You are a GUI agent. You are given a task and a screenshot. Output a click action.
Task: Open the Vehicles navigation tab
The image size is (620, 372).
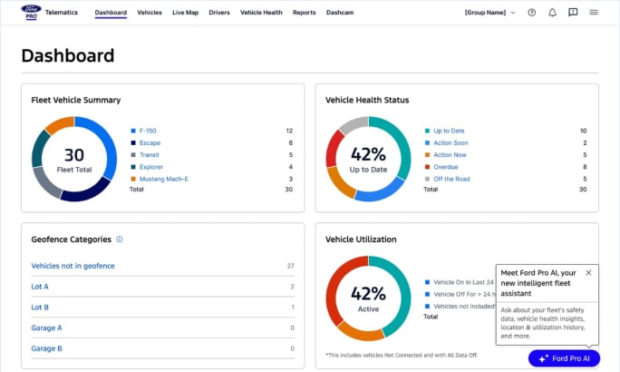point(150,13)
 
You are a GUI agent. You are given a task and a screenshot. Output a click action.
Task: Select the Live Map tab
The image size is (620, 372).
point(185,13)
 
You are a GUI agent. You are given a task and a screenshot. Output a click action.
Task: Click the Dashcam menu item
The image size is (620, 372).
point(340,13)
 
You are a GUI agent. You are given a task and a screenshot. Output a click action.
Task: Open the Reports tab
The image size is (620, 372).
point(305,13)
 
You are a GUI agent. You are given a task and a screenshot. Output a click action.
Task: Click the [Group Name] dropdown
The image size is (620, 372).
point(489,13)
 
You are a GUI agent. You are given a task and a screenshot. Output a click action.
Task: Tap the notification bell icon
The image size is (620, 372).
point(552,13)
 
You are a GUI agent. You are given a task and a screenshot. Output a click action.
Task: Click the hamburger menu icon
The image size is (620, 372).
point(594,13)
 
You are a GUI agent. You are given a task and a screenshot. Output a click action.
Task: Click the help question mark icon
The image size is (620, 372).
point(531,13)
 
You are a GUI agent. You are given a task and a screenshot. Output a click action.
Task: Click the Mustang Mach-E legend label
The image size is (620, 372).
point(164,178)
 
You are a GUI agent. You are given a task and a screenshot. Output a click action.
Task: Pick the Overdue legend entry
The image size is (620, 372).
point(446,166)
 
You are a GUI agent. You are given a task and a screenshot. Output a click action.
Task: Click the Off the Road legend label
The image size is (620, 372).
point(451,178)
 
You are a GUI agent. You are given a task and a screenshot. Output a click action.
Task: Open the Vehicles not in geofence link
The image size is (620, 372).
point(73,266)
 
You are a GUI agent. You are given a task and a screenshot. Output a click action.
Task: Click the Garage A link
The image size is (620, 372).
point(46,328)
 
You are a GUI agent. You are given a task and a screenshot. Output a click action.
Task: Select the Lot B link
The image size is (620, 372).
point(40,307)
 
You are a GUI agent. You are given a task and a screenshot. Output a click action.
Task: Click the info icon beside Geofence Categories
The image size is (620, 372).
point(120,240)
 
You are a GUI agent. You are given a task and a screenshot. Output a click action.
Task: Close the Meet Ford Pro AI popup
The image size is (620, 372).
point(588,272)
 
